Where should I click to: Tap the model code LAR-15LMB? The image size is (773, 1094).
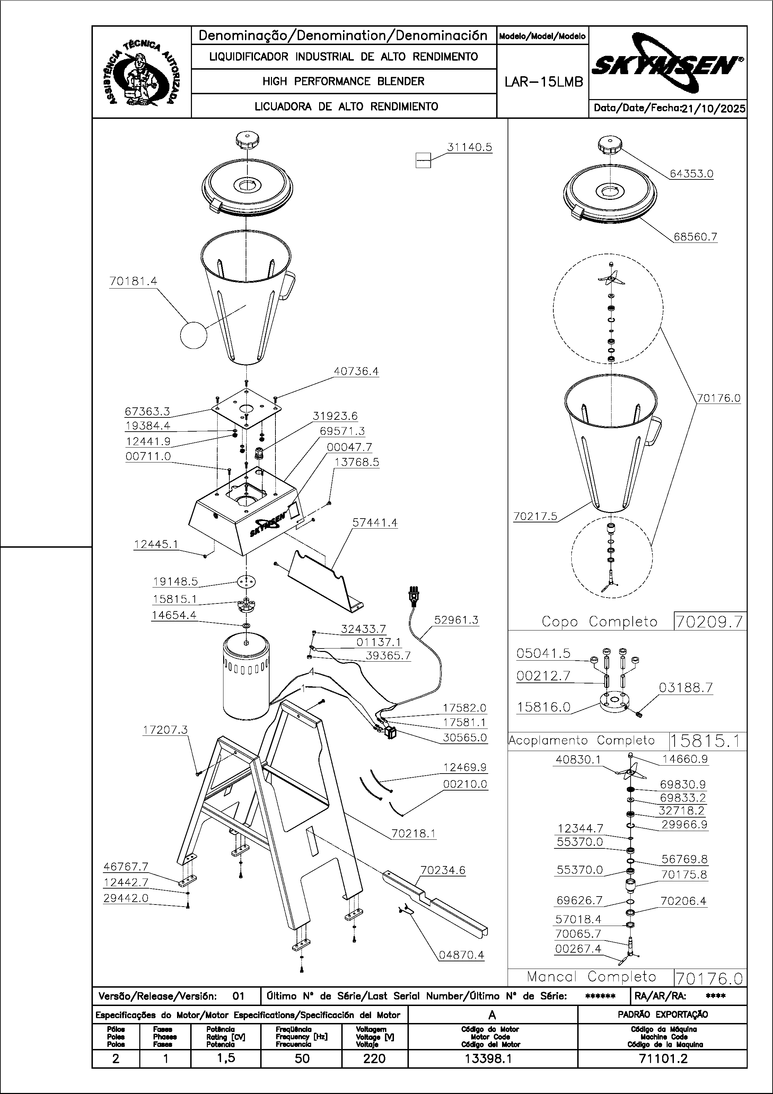[x=543, y=82]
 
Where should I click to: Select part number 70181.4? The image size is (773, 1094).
[x=133, y=281]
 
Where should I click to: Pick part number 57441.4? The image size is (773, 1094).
[x=375, y=523]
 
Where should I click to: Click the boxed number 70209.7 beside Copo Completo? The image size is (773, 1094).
[x=710, y=622]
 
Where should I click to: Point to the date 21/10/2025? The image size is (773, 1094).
[x=713, y=109]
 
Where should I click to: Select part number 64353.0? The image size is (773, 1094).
[x=692, y=174]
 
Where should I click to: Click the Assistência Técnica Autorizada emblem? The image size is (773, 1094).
[x=142, y=72]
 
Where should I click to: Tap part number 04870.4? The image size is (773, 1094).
[x=461, y=955]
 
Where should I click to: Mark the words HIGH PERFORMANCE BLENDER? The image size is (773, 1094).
[x=343, y=81]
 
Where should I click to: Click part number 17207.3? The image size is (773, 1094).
[x=165, y=730]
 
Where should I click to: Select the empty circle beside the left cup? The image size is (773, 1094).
[x=194, y=335]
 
